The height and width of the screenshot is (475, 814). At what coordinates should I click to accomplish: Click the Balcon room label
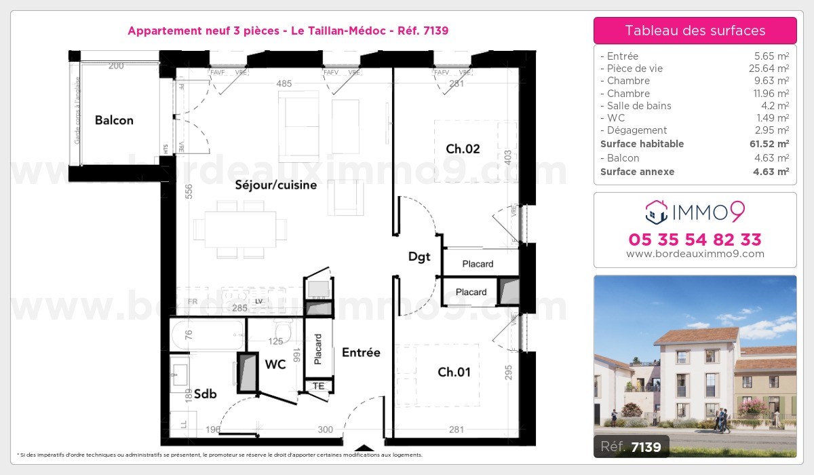click(114, 121)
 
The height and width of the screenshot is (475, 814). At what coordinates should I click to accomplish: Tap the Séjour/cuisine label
click(275, 185)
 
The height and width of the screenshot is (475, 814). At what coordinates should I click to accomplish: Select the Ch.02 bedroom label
click(463, 149)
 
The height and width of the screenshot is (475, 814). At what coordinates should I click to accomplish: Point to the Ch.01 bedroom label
click(454, 372)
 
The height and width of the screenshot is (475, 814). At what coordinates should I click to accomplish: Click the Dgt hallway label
click(419, 256)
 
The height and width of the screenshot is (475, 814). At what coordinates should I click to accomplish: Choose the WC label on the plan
click(275, 364)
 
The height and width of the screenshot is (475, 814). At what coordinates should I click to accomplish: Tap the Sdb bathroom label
click(205, 394)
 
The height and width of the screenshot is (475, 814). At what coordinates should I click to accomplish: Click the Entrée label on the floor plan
click(361, 352)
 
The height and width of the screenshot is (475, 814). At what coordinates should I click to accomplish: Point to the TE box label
click(317, 386)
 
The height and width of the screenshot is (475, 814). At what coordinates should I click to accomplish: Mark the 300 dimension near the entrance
click(325, 429)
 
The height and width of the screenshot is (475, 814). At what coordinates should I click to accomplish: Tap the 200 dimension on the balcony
click(116, 66)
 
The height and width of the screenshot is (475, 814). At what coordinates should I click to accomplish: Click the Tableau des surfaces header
click(695, 31)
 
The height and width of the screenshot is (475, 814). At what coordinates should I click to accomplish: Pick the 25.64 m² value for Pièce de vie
click(773, 69)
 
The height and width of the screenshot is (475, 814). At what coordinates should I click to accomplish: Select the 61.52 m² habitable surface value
click(771, 144)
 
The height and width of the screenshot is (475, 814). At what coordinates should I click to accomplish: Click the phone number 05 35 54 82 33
click(695, 240)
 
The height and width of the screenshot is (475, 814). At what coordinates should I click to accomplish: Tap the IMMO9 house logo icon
click(655, 212)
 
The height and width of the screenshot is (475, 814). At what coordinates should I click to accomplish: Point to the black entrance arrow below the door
click(365, 448)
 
